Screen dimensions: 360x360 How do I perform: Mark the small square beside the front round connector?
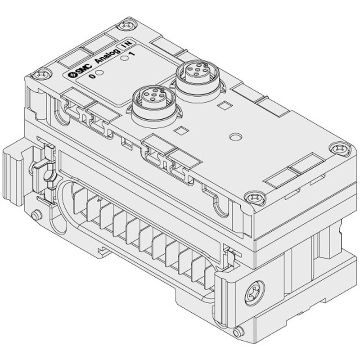pos(181,131)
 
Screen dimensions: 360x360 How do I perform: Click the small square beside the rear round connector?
pos(223,107)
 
